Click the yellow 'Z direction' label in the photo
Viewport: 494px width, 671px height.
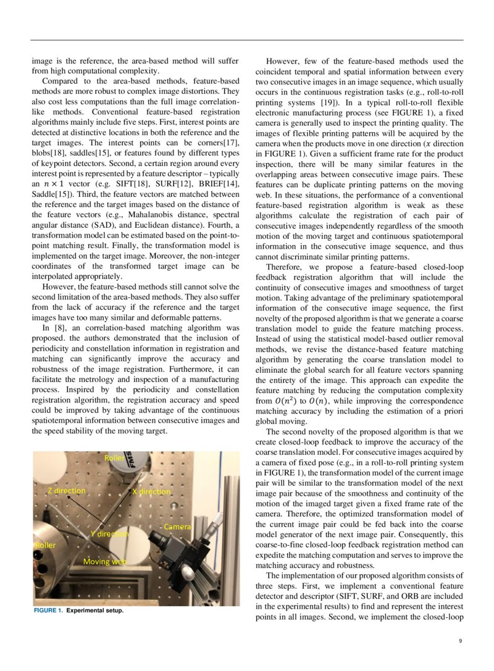click(67, 490)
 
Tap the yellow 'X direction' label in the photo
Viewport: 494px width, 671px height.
click(151, 491)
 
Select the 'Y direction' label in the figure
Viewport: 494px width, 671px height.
click(109, 533)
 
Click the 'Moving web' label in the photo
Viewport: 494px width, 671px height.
click(105, 562)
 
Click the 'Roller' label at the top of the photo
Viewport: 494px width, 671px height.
click(114, 458)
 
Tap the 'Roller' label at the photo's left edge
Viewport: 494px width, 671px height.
click(44, 546)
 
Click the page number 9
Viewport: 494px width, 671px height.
click(460, 641)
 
